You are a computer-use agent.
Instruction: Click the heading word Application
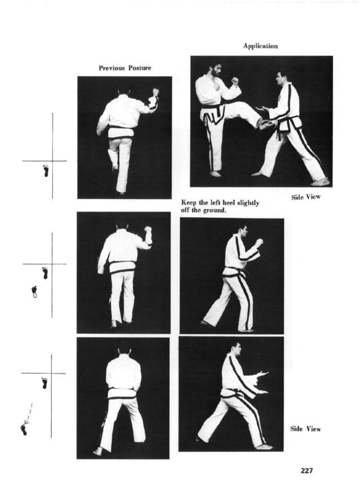[x=260, y=46]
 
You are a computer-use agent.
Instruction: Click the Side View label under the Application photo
[x=306, y=197]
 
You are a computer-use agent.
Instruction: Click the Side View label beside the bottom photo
[x=306, y=429]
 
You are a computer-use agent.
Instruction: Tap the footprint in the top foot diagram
[x=46, y=171]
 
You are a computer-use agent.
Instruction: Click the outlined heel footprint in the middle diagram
[x=34, y=291]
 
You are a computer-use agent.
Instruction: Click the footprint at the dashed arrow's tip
[x=23, y=429]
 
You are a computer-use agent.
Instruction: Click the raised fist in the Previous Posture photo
[x=156, y=91]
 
